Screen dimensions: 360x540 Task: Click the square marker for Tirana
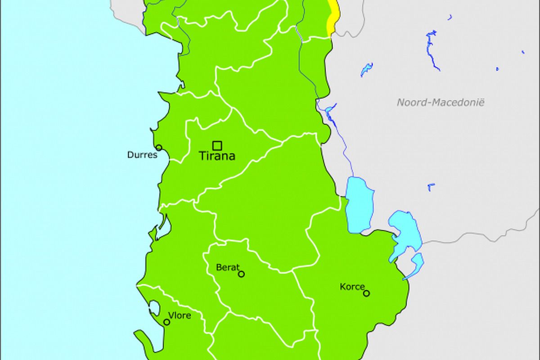tap(217, 145)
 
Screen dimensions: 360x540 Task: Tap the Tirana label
tap(217, 157)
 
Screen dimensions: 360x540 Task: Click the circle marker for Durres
tap(159, 148)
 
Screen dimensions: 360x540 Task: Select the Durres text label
tap(142, 155)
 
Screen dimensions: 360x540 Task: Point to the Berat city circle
tap(241, 274)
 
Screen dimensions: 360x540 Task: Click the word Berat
tap(228, 267)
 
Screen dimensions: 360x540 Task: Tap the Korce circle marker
tap(366, 293)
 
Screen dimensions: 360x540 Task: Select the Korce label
tap(352, 287)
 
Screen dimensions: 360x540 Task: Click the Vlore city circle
tap(167, 322)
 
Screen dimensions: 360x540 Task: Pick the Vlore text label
tap(179, 315)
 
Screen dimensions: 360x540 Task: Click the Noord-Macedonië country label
tap(440, 103)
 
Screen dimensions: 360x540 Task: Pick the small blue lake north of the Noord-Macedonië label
tap(366, 69)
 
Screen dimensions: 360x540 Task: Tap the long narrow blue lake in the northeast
tap(432, 49)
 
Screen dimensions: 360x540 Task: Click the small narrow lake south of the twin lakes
tap(416, 263)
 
